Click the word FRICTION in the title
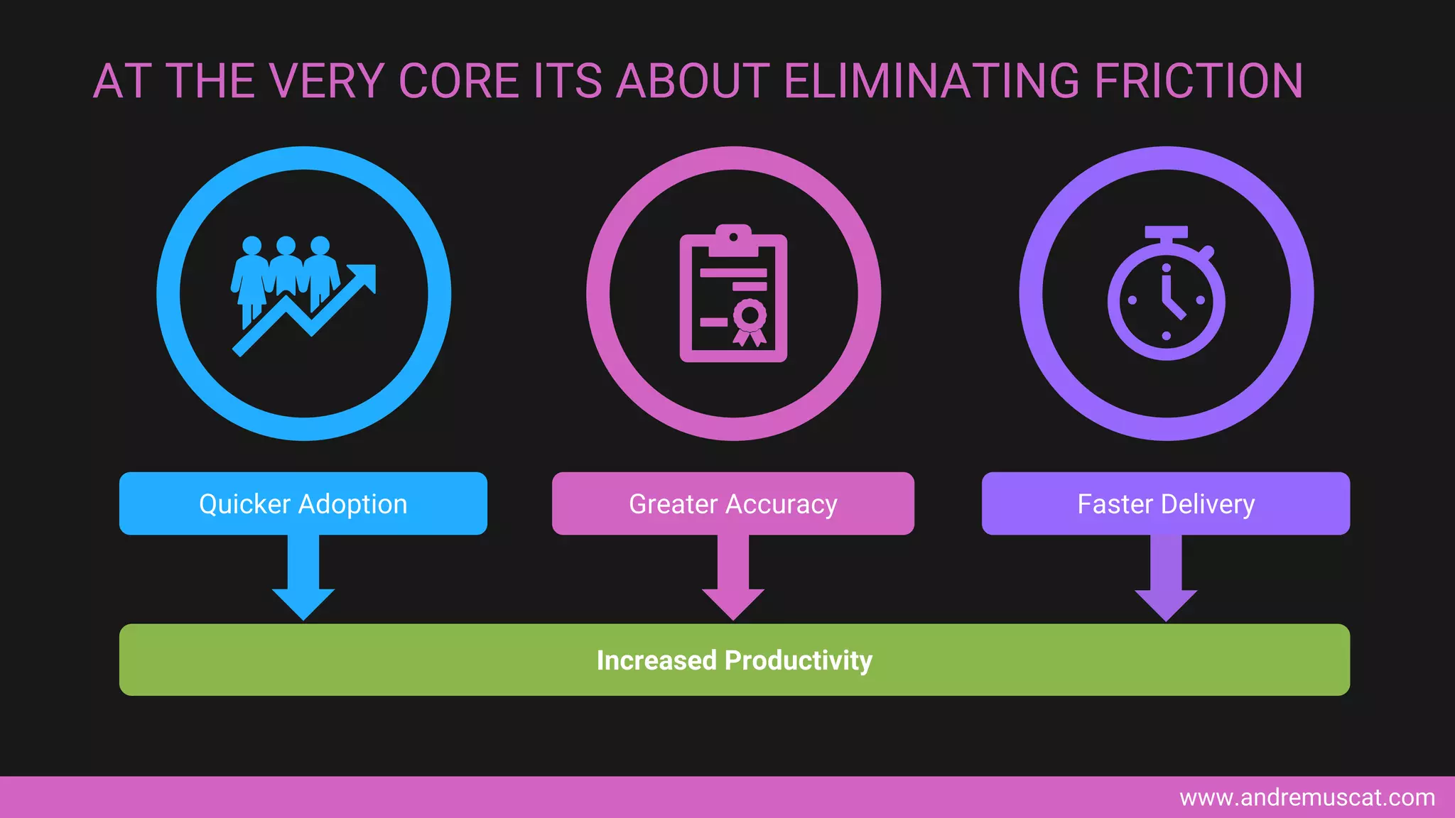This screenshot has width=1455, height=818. point(1199,81)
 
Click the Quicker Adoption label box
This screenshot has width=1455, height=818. point(303,503)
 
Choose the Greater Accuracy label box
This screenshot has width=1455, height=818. point(733,503)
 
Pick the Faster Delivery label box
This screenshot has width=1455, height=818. point(1166,503)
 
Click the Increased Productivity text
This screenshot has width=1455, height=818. point(734,660)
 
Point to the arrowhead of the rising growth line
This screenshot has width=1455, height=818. point(364,277)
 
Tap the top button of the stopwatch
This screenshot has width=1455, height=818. point(1166,233)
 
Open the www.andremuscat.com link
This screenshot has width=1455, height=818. point(1307,797)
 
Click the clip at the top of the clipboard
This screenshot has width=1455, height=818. point(733,240)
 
